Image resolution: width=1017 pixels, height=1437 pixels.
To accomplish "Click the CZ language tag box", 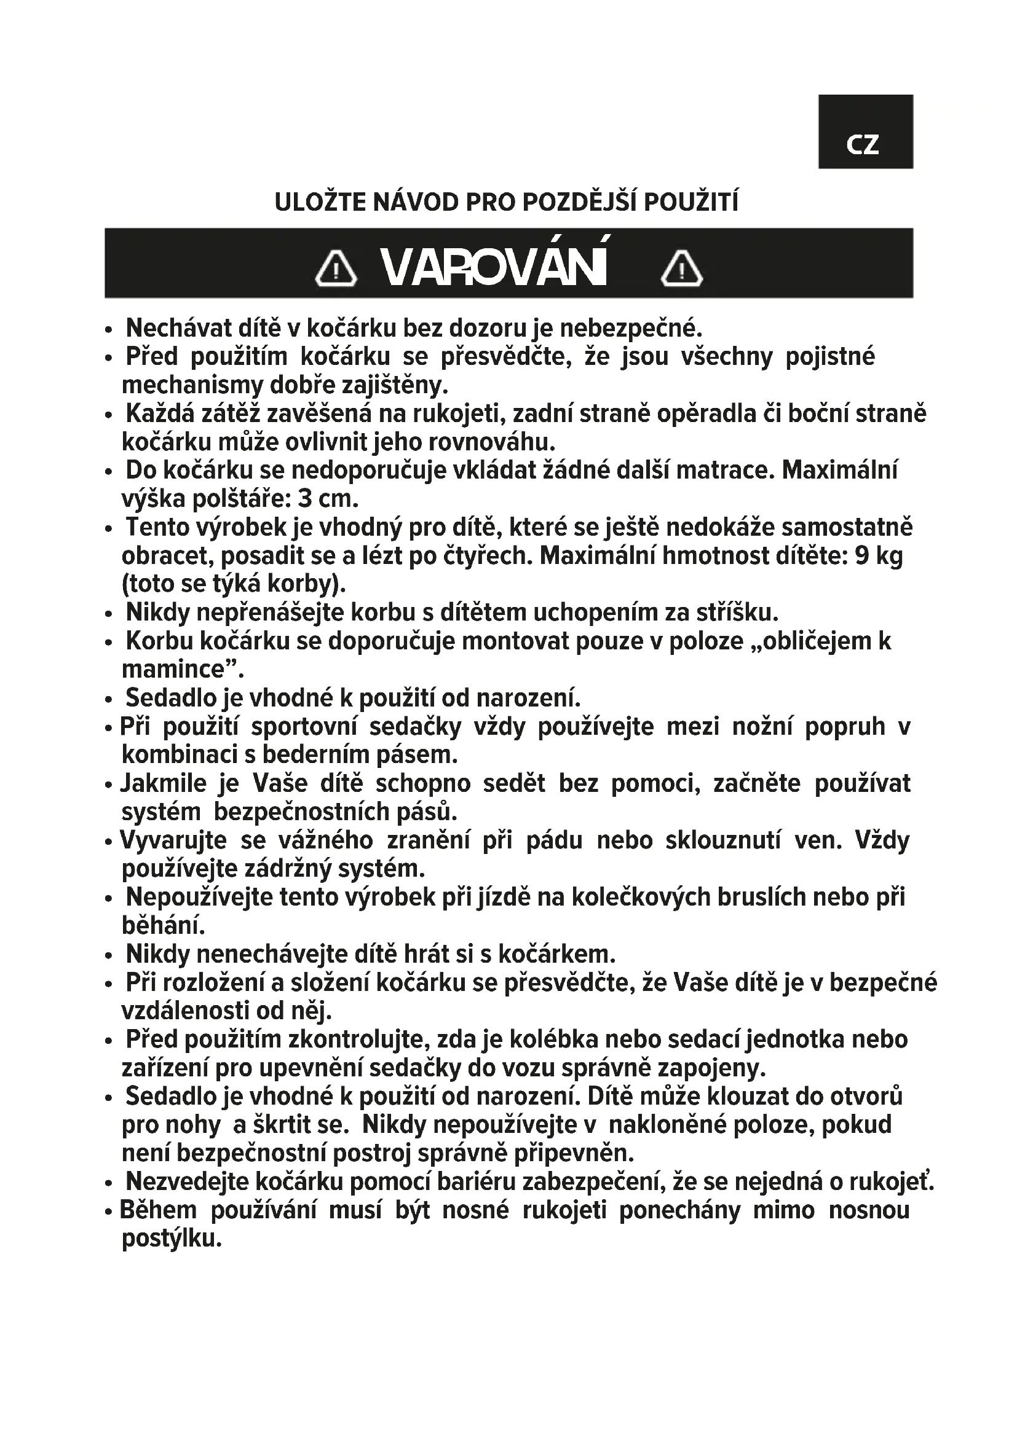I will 865,131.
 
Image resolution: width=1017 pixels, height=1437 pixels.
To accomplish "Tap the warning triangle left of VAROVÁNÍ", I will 336,269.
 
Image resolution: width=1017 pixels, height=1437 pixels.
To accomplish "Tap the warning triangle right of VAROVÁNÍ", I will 682,269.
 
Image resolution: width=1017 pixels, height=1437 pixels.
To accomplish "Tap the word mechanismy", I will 193,385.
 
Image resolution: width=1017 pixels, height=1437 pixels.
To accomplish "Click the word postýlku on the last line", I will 172,1239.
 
